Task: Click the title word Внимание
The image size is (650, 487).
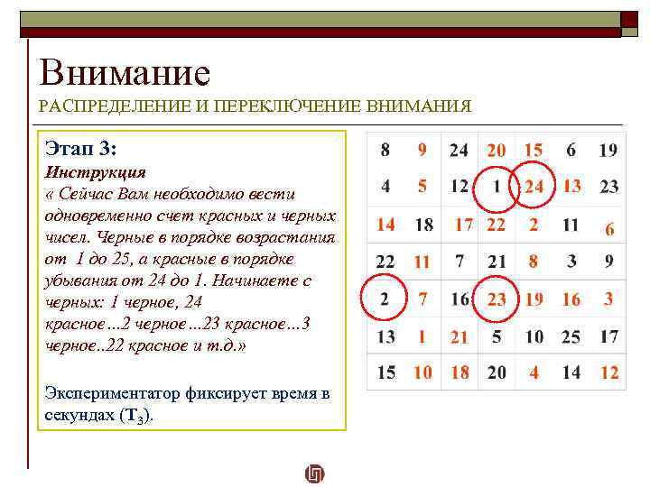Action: coord(125,72)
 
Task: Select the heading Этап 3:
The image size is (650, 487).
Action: coord(79,148)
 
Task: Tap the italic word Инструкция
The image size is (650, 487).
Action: coord(95,171)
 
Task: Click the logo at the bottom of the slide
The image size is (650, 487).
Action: coord(315,473)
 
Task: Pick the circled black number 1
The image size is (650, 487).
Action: coord(497,188)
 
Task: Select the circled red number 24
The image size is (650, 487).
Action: coord(534,187)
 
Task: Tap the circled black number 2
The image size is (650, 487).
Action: coord(385,299)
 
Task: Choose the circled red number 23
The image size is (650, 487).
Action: coord(497,299)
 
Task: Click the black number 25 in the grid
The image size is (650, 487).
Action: coord(571,336)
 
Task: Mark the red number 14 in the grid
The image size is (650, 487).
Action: coord(385,225)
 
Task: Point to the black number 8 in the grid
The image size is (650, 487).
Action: coord(385,150)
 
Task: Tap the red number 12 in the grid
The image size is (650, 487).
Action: coord(609,372)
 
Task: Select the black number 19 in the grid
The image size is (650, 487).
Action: coord(608,150)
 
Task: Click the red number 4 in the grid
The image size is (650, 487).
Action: coord(534,372)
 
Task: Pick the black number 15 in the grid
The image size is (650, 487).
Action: coord(385,372)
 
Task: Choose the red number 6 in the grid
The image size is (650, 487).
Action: coord(609,229)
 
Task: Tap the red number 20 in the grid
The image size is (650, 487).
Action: coord(497,150)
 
